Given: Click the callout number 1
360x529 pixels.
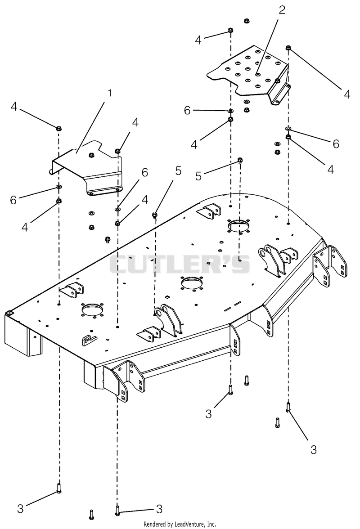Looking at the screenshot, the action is tap(109, 93).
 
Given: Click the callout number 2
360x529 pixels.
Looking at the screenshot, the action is tap(282, 10).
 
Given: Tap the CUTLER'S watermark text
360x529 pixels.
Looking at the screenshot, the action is tap(179, 264).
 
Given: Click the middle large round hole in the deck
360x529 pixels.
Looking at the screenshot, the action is tap(192, 282).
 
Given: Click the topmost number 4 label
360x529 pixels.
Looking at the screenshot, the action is tap(198, 40).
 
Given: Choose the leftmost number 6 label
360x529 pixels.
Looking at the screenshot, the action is tap(13, 200).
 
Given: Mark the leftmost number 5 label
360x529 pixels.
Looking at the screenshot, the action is tap(178, 171).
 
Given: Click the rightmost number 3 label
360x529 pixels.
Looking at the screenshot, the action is tap(314, 449).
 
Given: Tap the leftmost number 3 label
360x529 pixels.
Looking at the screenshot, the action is tap(20, 508).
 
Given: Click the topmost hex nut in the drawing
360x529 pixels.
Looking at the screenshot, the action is tap(246, 21).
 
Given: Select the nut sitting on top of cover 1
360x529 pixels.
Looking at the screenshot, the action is tap(91, 155).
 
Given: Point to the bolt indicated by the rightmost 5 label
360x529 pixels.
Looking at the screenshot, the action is tap(240, 160).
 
